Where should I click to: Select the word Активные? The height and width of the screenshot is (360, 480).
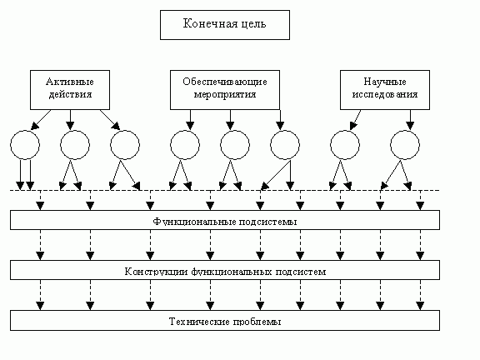[69, 82]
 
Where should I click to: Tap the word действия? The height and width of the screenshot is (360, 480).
[69, 94]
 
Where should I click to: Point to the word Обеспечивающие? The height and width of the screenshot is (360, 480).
[226, 82]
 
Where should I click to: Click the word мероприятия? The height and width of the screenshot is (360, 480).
[226, 94]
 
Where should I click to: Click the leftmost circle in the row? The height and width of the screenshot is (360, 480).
[24, 145]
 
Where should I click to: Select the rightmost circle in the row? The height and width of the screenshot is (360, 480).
[406, 145]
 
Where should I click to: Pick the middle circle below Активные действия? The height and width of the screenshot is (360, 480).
[75, 145]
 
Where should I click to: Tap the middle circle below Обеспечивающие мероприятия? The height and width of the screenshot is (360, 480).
[235, 145]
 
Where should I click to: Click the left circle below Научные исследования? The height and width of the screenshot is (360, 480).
[346, 145]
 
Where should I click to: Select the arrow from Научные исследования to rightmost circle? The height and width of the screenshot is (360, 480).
[408, 120]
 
